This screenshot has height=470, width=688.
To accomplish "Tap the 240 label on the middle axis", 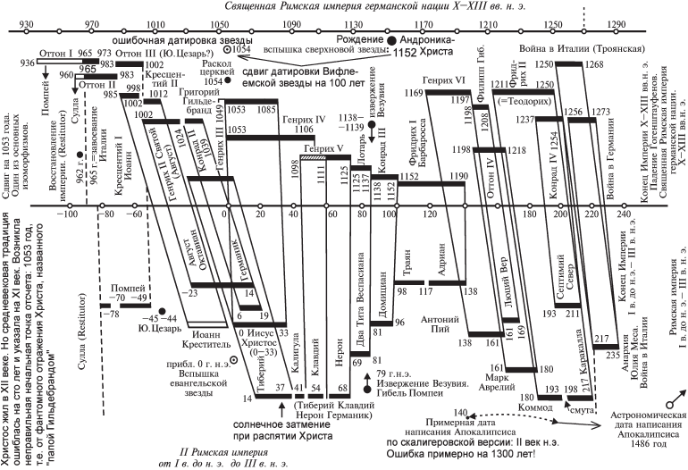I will pos(621,214).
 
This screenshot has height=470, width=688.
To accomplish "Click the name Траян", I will pos(403,266).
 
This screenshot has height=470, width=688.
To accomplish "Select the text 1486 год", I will pos(633,443).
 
